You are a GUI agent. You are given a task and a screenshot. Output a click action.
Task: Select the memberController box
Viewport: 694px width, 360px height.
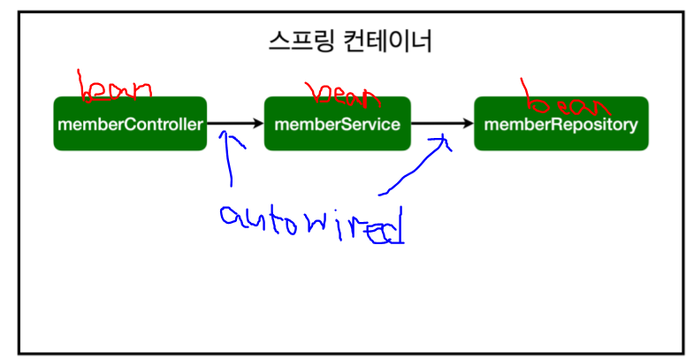[x=130, y=124]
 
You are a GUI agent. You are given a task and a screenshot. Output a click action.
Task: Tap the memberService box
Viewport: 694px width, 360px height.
[x=338, y=124]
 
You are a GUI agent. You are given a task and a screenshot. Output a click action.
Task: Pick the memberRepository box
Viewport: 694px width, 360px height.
[x=561, y=124]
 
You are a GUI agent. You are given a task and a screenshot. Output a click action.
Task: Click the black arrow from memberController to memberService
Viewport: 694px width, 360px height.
[x=234, y=124]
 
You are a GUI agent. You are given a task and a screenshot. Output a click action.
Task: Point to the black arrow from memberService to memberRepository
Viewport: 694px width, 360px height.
[x=442, y=124]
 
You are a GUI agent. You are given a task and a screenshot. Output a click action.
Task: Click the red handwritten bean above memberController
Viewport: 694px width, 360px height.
[x=115, y=88]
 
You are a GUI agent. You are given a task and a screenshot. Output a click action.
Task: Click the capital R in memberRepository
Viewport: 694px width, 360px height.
[x=562, y=124]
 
